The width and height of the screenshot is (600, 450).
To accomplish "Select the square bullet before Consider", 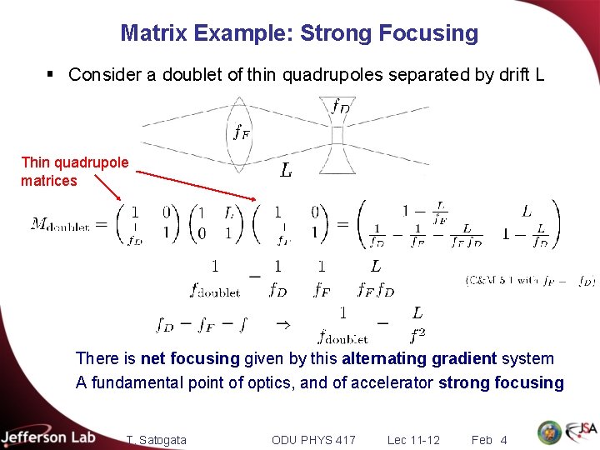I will click(50, 75).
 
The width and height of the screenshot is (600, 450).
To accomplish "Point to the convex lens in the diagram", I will click(239, 133).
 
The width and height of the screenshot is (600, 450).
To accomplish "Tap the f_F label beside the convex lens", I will click(242, 132).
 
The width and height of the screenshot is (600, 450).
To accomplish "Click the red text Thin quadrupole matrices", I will click(74, 171).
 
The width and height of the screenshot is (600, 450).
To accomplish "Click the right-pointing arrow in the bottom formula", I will click(282, 323).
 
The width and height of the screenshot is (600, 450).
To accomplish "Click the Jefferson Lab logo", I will click(48, 437).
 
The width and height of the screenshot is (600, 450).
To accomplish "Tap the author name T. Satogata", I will click(157, 439).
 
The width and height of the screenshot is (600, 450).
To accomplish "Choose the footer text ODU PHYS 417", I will click(313, 439).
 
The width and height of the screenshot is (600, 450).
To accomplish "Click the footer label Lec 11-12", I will click(413, 439).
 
